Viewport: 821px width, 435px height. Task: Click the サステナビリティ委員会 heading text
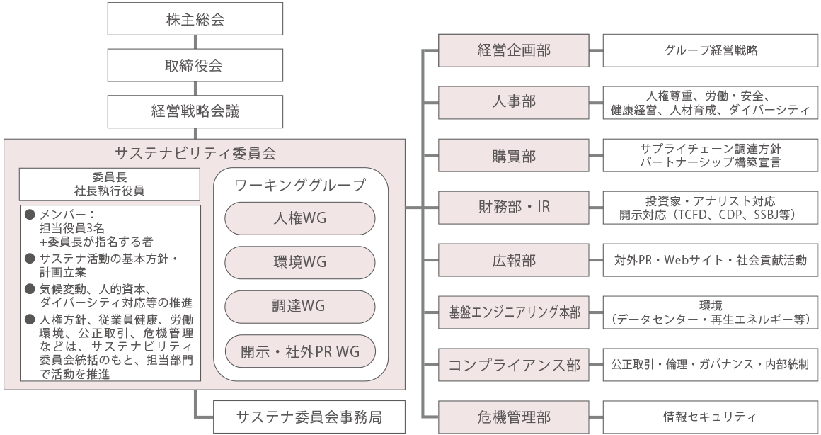pos(205,152)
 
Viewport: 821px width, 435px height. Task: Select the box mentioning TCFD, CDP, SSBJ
pos(710,207)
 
